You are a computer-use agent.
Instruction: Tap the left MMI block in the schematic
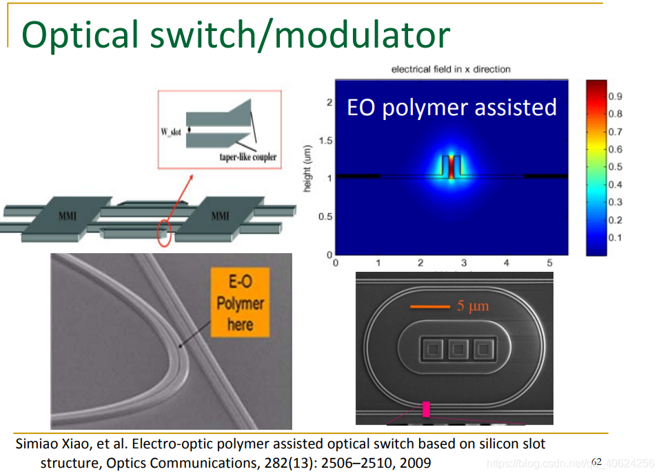68,217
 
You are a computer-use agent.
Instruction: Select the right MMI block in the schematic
220,217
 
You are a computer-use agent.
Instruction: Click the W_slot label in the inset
171,131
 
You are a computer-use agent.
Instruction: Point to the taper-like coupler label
247,157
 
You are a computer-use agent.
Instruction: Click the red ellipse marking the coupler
163,232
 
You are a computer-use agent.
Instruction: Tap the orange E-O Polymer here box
241,303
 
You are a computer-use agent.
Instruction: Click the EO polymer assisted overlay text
451,108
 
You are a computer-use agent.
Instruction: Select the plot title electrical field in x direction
451,69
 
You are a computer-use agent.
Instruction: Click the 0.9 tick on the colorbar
615,97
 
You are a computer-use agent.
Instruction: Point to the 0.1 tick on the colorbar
615,238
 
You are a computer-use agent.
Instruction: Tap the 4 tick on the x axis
507,263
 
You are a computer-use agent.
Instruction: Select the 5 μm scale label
473,306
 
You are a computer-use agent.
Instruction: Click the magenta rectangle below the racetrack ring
426,409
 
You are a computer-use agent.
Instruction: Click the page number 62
596,462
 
